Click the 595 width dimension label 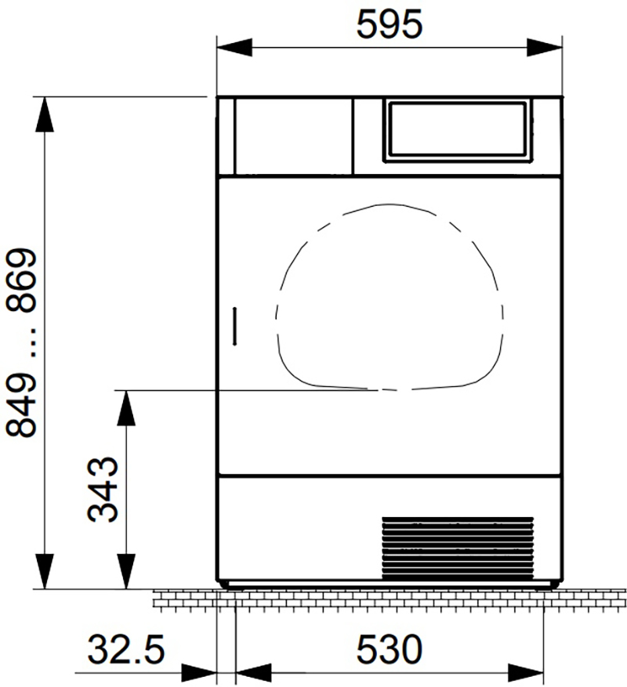pos(390,24)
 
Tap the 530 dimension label pos(390,649)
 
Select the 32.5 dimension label pos(126,649)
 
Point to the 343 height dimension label pos(103,490)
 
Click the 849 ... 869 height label pos(20,343)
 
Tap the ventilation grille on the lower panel pos(458,548)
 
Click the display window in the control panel pos(458,130)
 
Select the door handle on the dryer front pos(235,327)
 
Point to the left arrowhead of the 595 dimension pos(234,48)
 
